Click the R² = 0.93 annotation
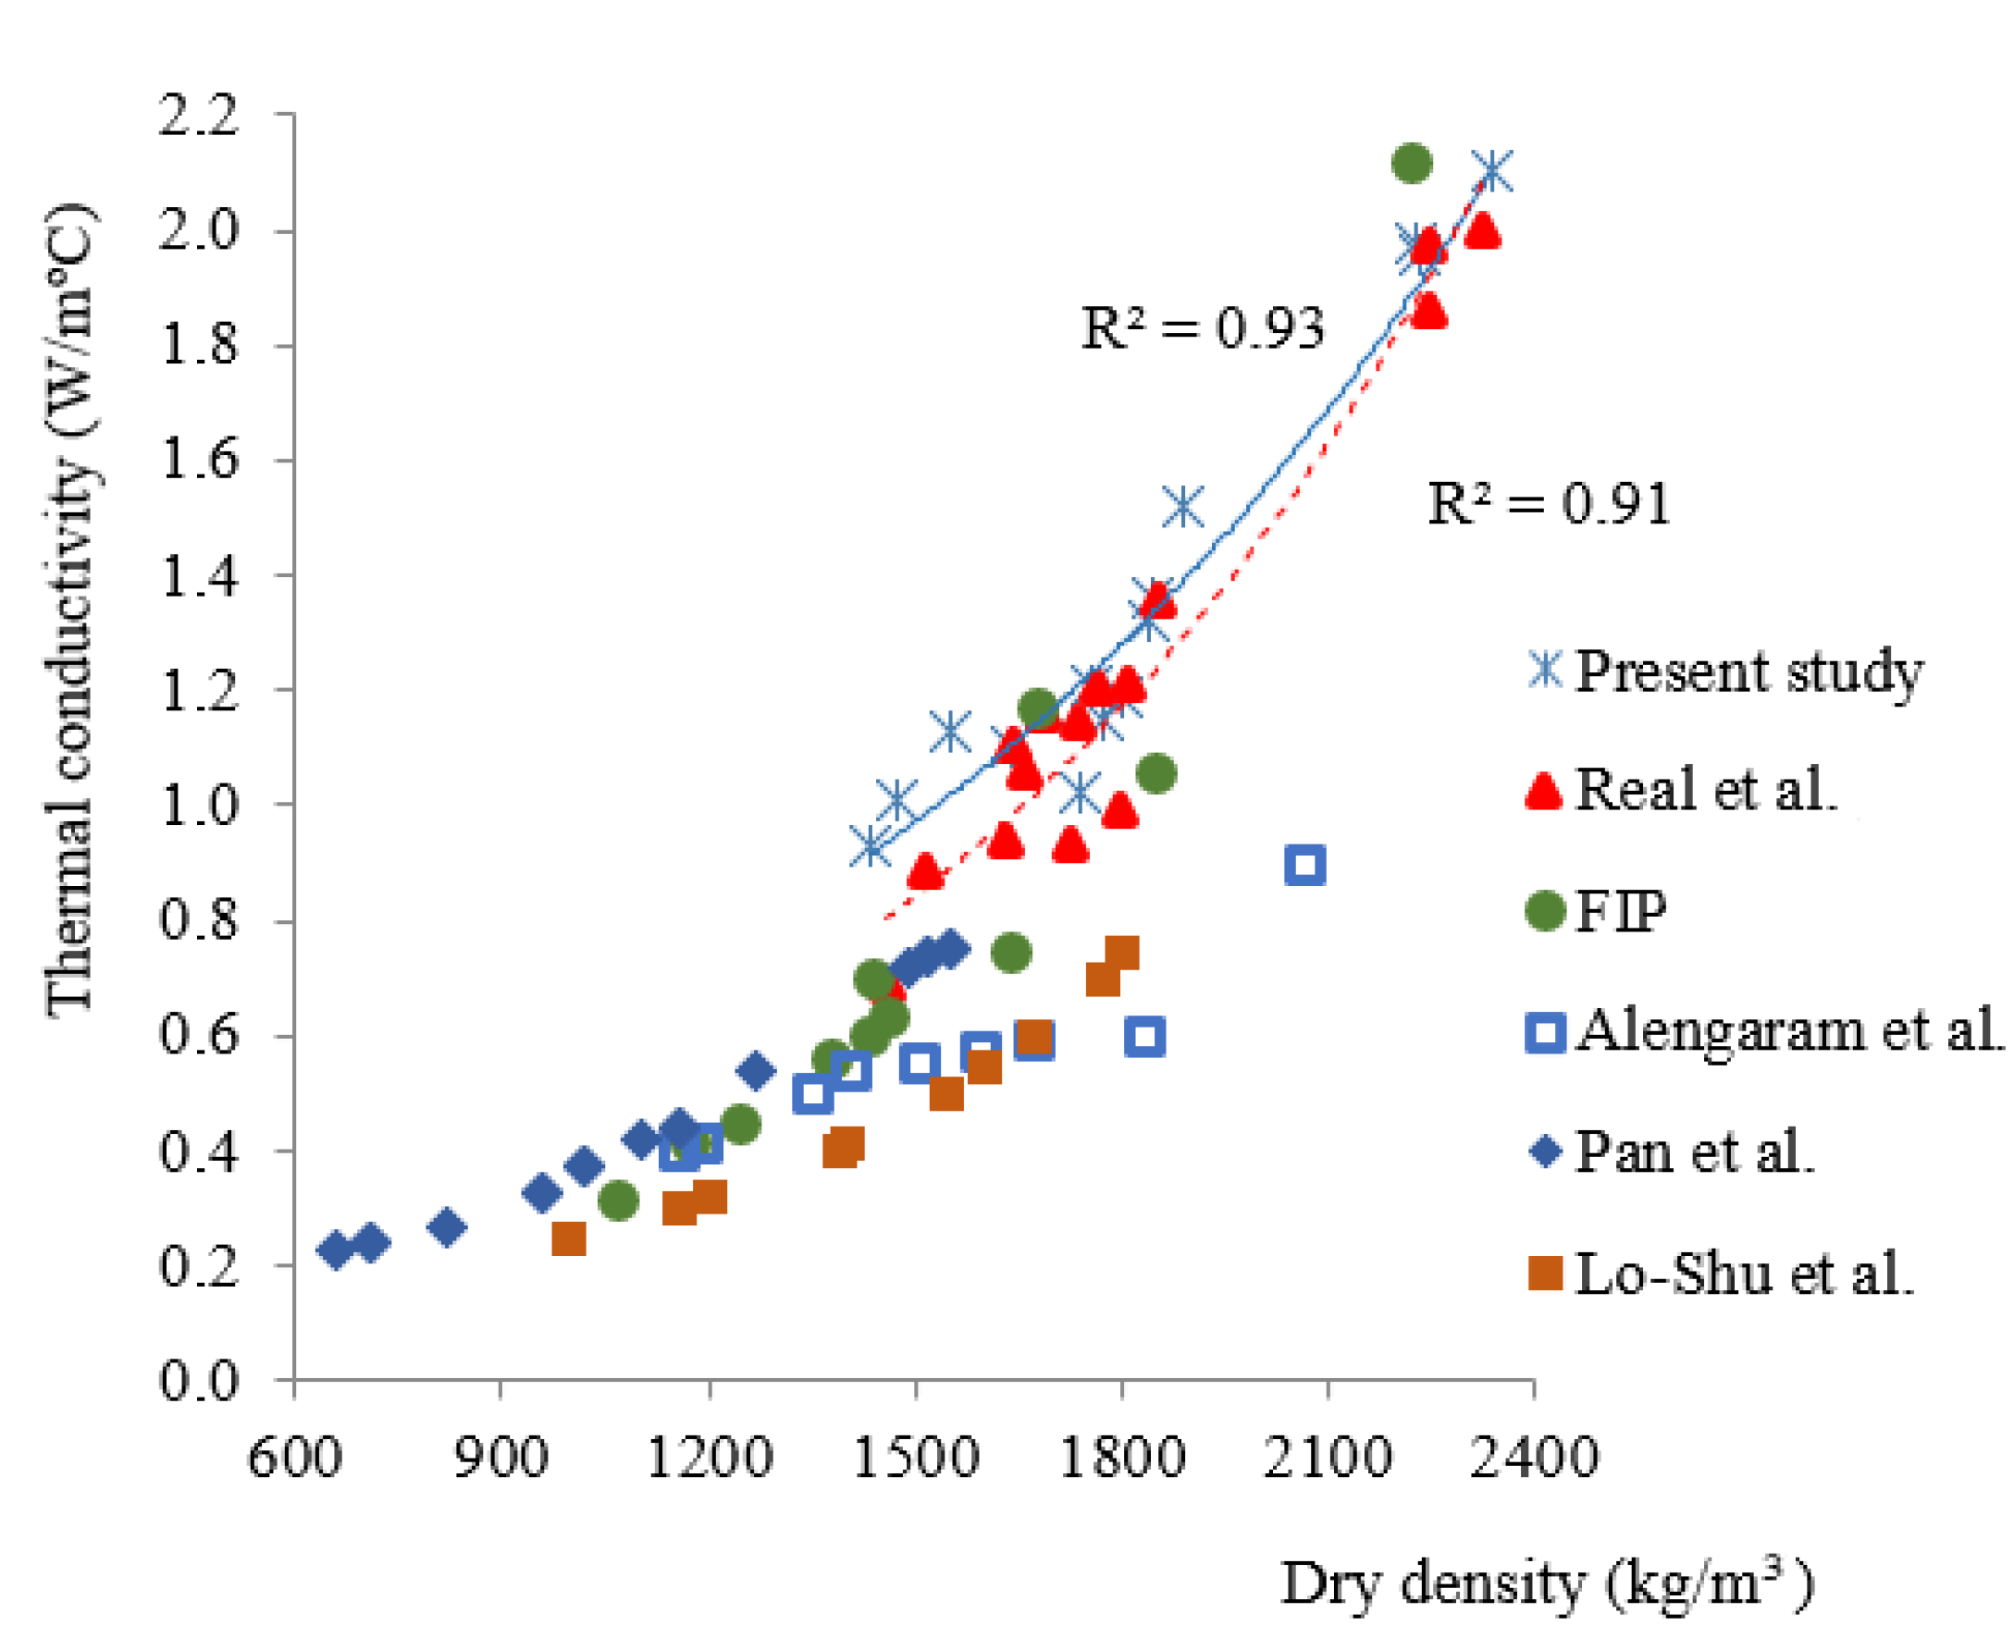pos(1202,330)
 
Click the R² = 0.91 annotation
pos(1549,505)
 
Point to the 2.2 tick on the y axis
pos(199,115)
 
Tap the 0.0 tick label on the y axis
pos(199,1380)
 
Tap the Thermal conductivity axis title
pos(71,609)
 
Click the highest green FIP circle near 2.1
pos(1412,164)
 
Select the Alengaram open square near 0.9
pos(1305,865)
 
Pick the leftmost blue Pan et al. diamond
pos(335,1250)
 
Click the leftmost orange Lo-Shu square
pos(568,1239)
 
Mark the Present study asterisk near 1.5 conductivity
pos(1182,508)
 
